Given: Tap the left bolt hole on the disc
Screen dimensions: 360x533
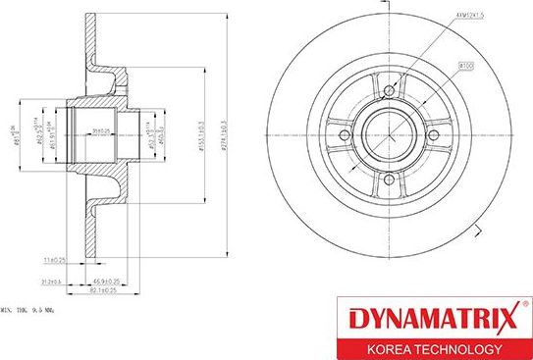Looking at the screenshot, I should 342,138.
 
